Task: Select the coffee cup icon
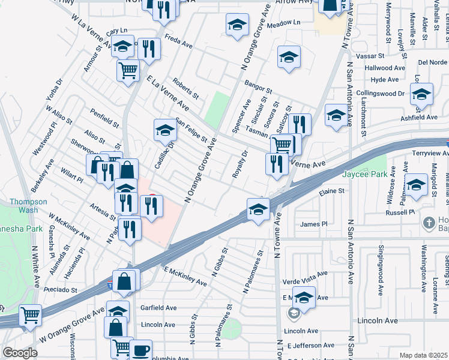[140, 350]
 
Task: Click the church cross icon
[428, 223]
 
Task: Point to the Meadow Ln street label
[283, 23]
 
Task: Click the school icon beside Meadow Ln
[237, 25]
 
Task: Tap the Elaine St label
[331, 191]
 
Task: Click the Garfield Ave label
[158, 308]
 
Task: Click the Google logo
[20, 352]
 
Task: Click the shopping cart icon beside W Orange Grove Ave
[29, 315]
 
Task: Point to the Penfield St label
[104, 118]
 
